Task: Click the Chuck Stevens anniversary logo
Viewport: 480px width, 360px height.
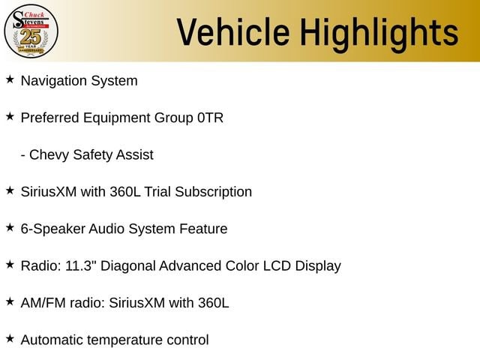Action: [x=31, y=31]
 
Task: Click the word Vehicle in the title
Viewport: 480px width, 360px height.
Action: [x=233, y=32]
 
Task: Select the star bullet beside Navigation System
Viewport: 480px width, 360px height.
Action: [x=10, y=79]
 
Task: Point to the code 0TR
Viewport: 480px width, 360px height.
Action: [x=210, y=118]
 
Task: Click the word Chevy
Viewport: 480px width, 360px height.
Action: [x=49, y=155]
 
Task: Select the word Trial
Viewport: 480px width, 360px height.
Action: [x=157, y=192]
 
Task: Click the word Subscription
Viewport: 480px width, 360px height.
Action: [x=213, y=193]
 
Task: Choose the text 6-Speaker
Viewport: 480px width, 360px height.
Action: [x=52, y=229]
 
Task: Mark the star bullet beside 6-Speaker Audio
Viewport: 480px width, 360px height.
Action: [x=10, y=227]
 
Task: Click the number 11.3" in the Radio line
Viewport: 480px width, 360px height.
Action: [x=79, y=265]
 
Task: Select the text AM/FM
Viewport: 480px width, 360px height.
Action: [x=43, y=303]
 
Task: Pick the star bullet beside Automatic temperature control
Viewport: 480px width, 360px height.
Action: [x=10, y=338]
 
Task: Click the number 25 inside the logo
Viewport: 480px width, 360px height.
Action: [x=31, y=37]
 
